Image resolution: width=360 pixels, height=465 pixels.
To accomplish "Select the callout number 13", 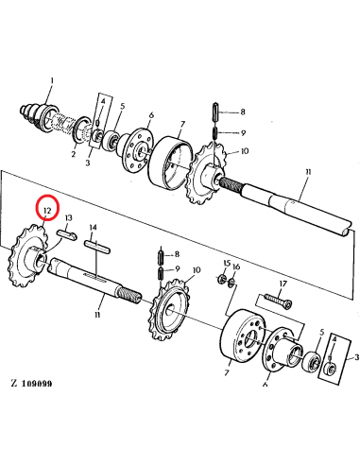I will click(x=69, y=218).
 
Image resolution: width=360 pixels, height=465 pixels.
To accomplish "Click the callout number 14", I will click(x=93, y=228).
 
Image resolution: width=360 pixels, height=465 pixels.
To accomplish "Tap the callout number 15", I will click(x=226, y=262).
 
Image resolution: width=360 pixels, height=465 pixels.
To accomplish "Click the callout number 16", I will click(x=236, y=267).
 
